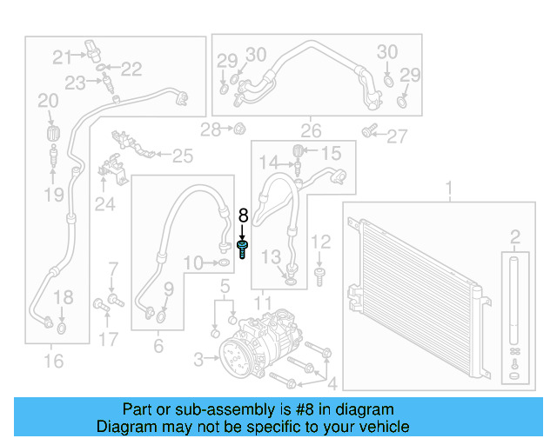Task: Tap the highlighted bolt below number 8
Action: click(243, 250)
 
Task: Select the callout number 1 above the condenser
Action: click(449, 187)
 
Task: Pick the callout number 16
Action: click(53, 361)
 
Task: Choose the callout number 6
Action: click(158, 346)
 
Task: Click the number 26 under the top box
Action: click(311, 131)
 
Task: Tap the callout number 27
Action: click(397, 136)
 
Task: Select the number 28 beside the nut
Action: click(210, 130)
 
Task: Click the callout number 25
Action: click(182, 156)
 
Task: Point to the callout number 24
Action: click(105, 205)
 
